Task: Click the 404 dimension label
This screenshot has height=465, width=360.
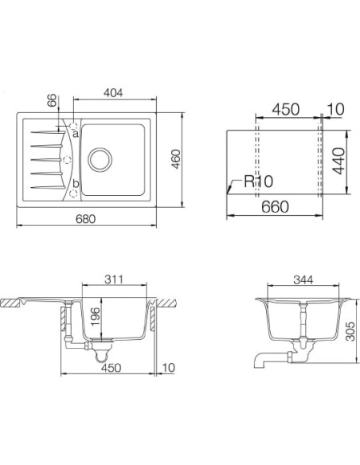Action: coord(113,93)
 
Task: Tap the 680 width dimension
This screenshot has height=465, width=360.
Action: coord(85,219)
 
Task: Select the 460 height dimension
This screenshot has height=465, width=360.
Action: coord(176,159)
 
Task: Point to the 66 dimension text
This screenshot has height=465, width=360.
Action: coord(52,100)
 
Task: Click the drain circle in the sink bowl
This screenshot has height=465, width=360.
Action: coord(100,159)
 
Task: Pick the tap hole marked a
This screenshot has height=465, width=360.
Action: coord(73,126)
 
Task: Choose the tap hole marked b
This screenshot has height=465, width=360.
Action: coord(73,193)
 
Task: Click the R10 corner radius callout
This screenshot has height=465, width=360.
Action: coord(258,182)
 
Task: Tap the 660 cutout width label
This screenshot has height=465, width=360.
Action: coord(275,207)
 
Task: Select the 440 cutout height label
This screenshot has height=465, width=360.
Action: coord(338,161)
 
